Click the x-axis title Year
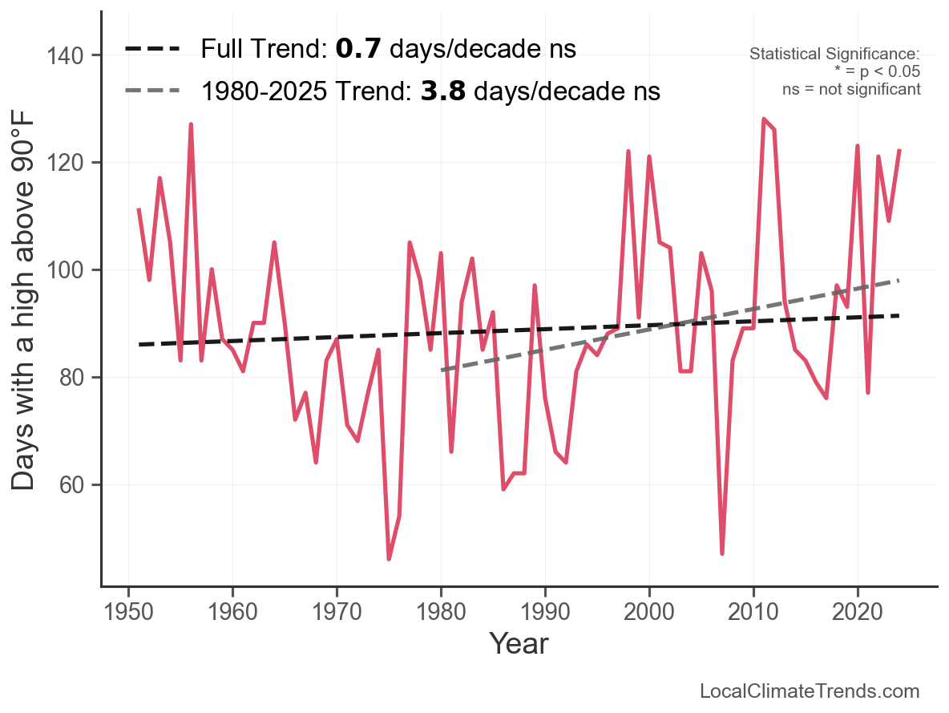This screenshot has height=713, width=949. pos(519,643)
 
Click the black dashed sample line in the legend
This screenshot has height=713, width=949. pos(153,49)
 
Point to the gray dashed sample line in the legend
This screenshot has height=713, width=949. pos(153,91)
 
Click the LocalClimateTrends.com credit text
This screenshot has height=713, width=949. pos(810,691)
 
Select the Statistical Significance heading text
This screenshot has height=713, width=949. pos(834,55)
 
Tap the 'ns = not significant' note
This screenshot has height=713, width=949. pos(851,89)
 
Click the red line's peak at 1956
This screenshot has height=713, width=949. pos(191,124)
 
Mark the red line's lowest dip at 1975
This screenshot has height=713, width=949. pos(389,559)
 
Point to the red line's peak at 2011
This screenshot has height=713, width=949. pos(764,119)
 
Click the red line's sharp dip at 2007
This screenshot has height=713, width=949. pos(722,553)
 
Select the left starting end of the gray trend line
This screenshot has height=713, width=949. pos(442,370)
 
